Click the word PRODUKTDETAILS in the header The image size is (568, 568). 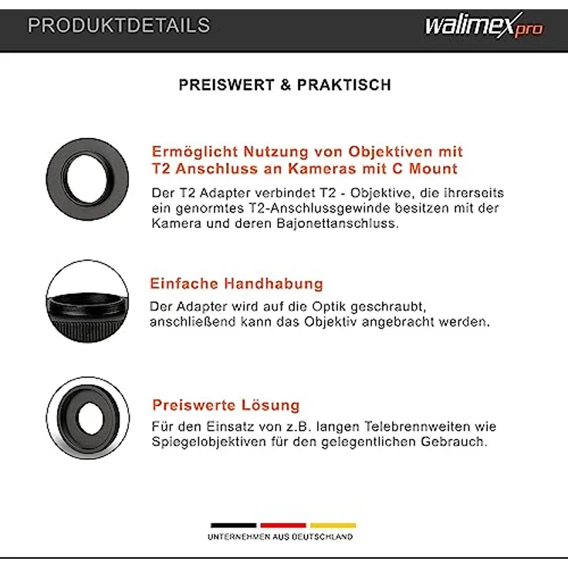click(x=118, y=25)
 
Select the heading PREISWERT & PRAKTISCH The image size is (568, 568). click(x=285, y=85)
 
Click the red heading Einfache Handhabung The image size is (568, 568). click(x=238, y=284)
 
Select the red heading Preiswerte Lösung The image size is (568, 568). click(x=225, y=405)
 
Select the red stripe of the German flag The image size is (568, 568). click(x=283, y=526)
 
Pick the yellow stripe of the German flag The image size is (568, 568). click(x=333, y=526)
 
